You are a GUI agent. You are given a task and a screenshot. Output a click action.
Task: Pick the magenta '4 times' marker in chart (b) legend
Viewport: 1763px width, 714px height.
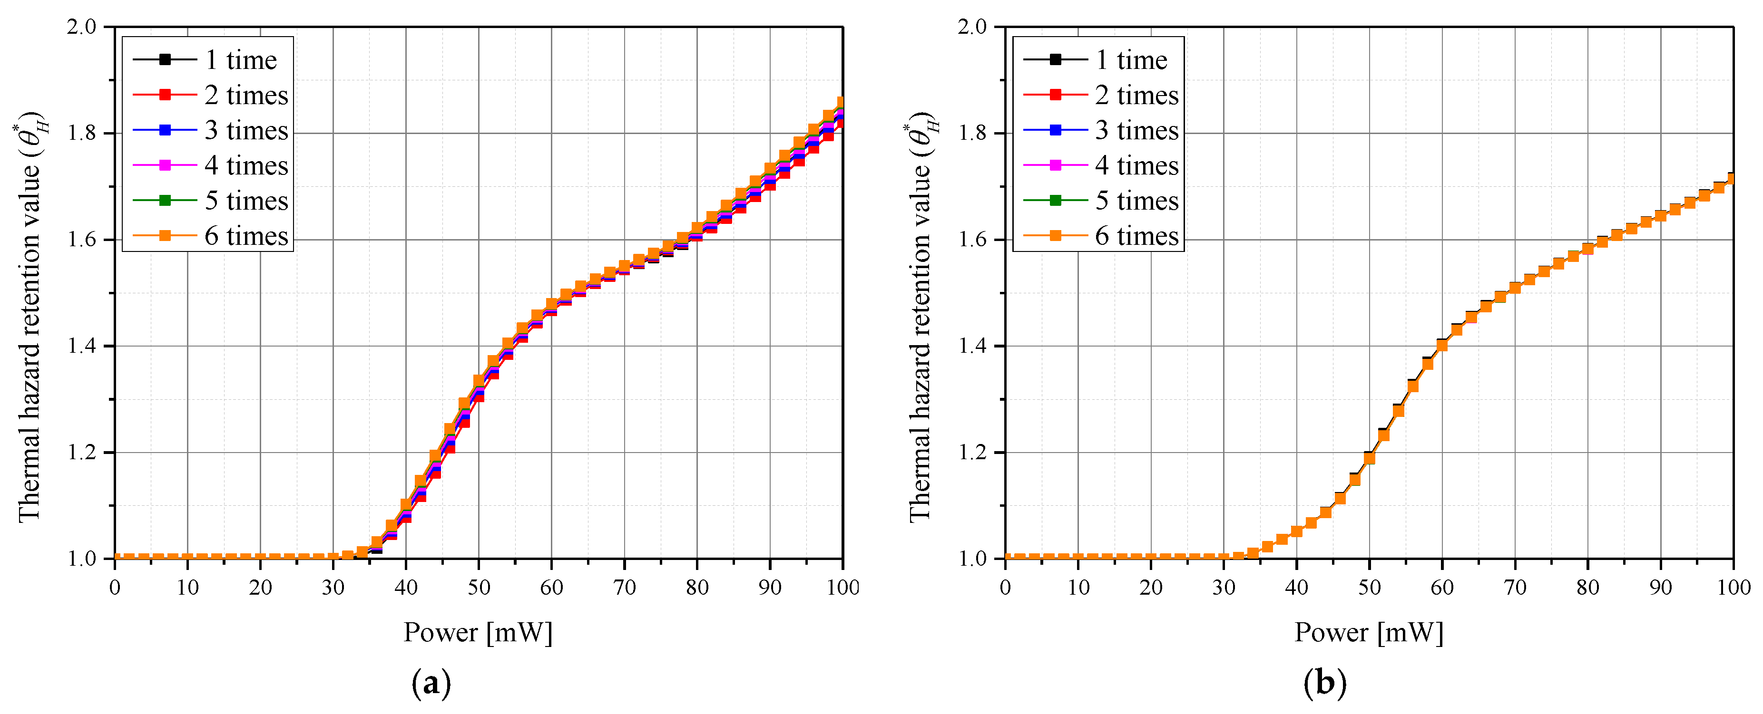[1055, 165]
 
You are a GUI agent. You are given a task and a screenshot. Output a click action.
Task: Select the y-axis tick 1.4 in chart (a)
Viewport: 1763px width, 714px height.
[82, 346]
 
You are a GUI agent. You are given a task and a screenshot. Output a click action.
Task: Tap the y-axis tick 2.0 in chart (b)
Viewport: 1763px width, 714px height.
[972, 28]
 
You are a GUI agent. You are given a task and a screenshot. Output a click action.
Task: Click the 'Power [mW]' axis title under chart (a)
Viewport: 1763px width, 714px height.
[478, 633]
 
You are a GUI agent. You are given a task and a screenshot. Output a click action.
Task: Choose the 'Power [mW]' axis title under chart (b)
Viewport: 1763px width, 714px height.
[1369, 633]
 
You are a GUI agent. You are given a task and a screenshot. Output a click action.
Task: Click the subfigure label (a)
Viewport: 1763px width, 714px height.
[431, 683]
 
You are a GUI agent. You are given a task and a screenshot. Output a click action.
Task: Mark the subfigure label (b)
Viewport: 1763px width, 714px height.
[1325, 683]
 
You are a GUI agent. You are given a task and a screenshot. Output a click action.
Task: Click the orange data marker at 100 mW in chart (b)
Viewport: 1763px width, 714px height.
[1732, 179]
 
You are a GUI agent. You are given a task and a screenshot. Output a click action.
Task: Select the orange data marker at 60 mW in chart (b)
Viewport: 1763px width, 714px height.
[1442, 346]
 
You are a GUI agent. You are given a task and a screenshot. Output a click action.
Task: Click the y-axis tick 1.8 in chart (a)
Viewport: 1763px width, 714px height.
[82, 134]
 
